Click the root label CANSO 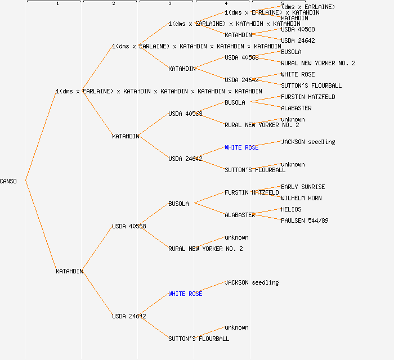(x=8, y=181)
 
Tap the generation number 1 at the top (x=57, y=4)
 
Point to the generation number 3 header (x=169, y=4)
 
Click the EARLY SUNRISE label (x=303, y=187)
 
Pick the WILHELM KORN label (x=301, y=198)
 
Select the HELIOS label (x=291, y=209)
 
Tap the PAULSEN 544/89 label (x=305, y=220)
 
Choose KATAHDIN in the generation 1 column (x=69, y=271)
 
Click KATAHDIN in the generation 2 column (x=126, y=136)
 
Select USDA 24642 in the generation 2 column (x=129, y=316)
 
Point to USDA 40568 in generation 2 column (x=129, y=226)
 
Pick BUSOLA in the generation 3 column (x=178, y=204)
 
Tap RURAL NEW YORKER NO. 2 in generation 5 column (x=318, y=63)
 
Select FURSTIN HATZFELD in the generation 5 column (x=308, y=97)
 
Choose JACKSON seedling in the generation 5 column (x=308, y=142)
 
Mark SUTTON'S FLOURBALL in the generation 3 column (x=199, y=339)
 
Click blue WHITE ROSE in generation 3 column (x=185, y=294)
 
